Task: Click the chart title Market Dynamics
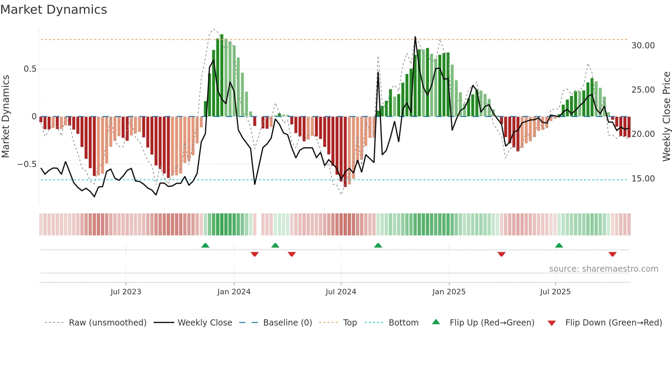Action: tap(53, 10)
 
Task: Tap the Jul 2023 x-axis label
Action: tap(126, 292)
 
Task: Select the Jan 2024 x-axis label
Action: tap(234, 292)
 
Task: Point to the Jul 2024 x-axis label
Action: tap(341, 292)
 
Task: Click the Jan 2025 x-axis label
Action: tap(449, 292)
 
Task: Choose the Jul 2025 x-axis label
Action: tap(555, 292)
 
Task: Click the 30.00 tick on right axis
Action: tap(643, 46)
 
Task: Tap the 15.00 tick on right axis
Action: tap(643, 179)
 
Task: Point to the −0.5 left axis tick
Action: tap(27, 164)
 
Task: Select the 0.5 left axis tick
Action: tap(30, 69)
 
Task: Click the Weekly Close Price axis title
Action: tap(666, 117)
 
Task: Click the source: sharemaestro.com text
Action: tap(603, 269)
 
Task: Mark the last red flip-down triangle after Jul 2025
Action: tap(612, 254)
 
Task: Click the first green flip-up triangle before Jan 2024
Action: tap(205, 245)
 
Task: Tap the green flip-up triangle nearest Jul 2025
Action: tap(559, 245)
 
